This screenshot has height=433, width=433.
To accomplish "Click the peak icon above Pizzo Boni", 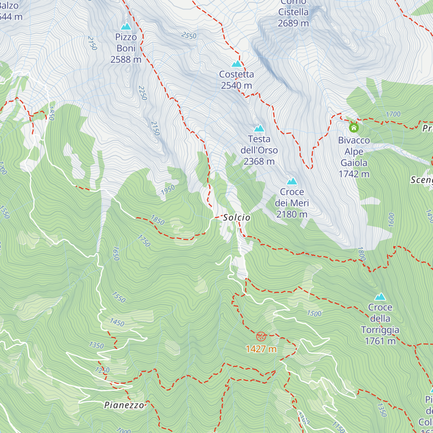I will point(126,26).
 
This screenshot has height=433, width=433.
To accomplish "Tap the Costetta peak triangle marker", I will point(237,64).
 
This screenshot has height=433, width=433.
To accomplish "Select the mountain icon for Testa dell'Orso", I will point(259,128).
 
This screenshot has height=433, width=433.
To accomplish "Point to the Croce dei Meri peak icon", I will point(292,181).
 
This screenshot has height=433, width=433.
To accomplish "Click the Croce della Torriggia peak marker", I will point(380,297).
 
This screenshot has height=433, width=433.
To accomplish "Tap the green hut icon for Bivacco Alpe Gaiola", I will point(354,127).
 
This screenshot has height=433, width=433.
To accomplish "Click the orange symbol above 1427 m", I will point(261,337).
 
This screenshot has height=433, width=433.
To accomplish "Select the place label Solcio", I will point(236,217).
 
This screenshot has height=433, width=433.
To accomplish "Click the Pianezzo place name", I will point(124,405).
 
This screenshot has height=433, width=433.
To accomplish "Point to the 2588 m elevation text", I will point(126,60).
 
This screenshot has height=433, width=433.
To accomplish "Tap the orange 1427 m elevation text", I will point(261,349).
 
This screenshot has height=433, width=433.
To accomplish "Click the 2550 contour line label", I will point(189,35).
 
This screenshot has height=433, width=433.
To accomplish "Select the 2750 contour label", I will point(92,43).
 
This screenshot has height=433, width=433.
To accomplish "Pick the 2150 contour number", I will point(155,128).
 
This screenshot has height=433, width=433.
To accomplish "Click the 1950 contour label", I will point(168,190).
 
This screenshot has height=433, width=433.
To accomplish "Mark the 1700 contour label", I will point(393,114).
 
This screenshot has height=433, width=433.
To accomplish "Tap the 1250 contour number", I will point(102,370).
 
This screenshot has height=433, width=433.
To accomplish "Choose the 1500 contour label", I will point(314,313).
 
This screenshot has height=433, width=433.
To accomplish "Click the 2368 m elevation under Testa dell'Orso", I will point(259,161).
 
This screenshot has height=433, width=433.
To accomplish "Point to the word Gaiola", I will point(354,163).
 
